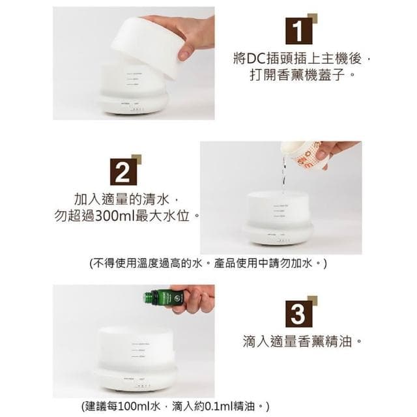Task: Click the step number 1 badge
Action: (298, 31)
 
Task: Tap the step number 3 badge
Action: (298, 313)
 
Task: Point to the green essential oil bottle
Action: (162, 298)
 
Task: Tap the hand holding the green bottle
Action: (194, 298)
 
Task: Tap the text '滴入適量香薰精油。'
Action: (302, 341)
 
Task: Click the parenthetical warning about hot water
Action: (208, 263)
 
